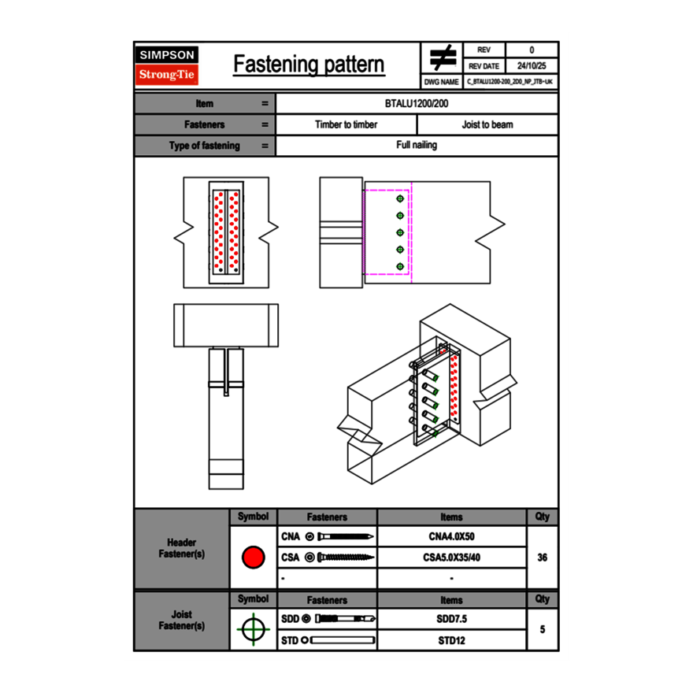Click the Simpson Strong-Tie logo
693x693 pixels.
(167, 65)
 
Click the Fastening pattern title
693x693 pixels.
(309, 65)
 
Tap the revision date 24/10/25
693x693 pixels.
(532, 66)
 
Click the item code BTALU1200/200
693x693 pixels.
(417, 104)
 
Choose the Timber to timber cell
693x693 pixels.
(346, 124)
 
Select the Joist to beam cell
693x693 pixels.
(487, 124)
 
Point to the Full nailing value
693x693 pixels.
(417, 146)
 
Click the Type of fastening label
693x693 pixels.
(204, 146)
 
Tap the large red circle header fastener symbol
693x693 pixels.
(253, 558)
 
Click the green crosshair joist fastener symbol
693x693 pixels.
(253, 630)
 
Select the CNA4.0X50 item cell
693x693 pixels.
(451, 537)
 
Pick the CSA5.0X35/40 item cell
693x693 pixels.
(451, 558)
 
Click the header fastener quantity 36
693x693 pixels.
(542, 558)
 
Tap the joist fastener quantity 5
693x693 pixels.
(542, 630)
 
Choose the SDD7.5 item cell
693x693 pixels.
(451, 619)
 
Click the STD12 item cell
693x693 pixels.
(451, 640)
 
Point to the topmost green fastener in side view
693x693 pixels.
(400, 199)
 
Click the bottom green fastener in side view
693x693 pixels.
(400, 266)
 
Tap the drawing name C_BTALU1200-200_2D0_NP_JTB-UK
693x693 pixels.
(510, 81)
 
